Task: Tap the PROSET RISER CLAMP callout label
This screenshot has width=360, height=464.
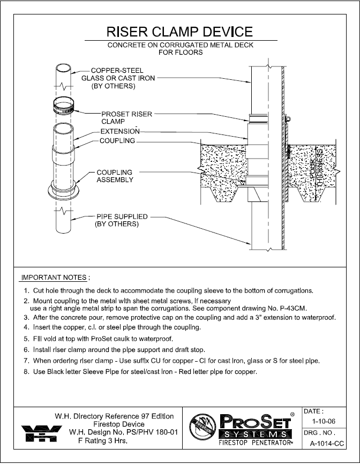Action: coord(127,117)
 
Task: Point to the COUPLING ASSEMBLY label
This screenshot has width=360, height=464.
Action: coord(115,176)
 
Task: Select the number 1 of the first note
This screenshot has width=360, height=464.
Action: coord(25,290)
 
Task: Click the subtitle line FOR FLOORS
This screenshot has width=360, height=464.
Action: coord(180,53)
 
